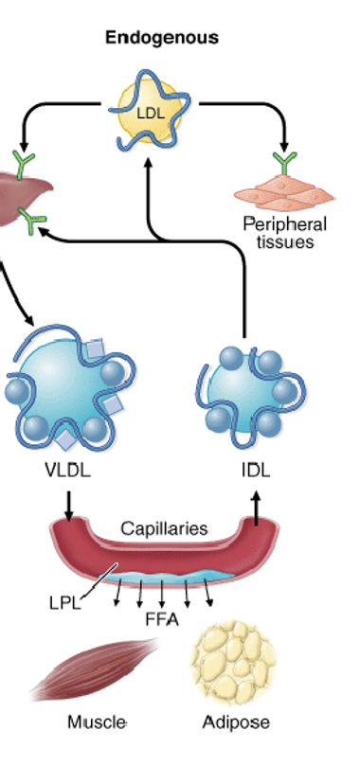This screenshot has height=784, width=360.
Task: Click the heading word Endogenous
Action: tap(161, 38)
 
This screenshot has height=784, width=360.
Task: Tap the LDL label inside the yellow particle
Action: tap(151, 113)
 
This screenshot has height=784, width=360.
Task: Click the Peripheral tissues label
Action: tap(284, 232)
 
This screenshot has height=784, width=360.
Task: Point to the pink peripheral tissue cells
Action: tap(285, 194)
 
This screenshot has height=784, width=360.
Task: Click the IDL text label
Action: tap(255, 471)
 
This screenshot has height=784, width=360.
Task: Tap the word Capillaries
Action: tap(163, 528)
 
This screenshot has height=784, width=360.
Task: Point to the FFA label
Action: tap(161, 621)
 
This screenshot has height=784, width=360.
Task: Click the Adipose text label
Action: tap(236, 722)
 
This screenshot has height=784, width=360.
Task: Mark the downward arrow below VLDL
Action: tap(68, 508)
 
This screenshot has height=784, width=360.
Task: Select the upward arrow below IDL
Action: tap(255, 507)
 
